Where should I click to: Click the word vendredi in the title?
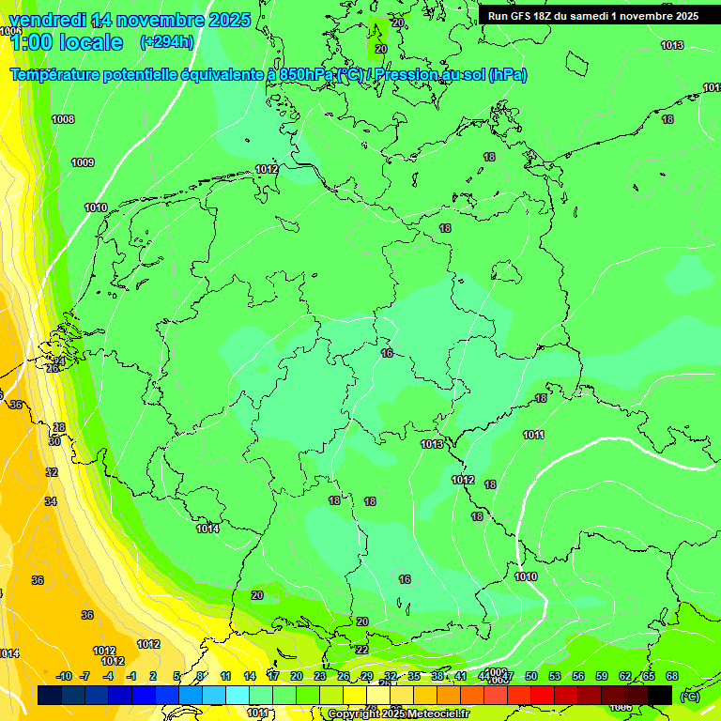click(48, 20)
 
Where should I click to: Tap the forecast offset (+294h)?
click(166, 42)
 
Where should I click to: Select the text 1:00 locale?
click(66, 42)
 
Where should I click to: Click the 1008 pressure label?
click(63, 119)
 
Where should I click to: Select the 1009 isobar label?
click(83, 162)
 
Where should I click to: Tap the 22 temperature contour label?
click(362, 650)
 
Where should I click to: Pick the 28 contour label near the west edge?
click(58, 427)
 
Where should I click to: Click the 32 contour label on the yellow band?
click(51, 472)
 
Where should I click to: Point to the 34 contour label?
click(51, 501)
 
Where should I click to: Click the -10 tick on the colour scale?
click(64, 676)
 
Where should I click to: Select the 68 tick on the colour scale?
click(672, 676)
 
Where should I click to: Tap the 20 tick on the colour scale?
click(297, 676)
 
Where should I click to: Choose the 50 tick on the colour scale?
click(531, 676)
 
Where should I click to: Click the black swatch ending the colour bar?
click(660, 695)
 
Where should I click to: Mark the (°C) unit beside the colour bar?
click(689, 696)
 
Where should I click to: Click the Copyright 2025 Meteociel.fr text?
click(399, 714)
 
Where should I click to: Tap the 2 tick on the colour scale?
click(154, 676)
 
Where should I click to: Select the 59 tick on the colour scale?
click(602, 676)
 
